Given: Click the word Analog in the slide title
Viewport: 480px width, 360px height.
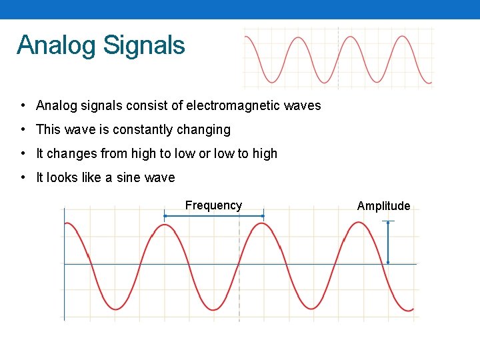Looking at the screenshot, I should (57, 46).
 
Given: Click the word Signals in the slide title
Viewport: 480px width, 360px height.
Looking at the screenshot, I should (144, 46).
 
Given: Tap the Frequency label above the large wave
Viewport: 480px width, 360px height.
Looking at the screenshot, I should (213, 205).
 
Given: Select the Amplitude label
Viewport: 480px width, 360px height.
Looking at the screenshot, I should (383, 206).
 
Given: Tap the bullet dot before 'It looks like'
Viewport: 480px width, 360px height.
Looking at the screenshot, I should (23, 177).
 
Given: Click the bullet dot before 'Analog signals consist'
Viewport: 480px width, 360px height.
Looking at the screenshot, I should (23, 105).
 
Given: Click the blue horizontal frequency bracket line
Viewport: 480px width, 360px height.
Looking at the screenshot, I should (214, 215).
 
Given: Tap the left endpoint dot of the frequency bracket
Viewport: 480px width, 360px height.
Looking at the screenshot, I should (165, 215).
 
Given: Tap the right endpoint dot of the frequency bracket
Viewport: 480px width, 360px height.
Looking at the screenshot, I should (263, 215).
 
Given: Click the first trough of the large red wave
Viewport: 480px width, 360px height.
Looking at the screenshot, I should (116, 309).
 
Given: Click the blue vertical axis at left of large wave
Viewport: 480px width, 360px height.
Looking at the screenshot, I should (64, 280).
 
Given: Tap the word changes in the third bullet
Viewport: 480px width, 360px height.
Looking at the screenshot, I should (71, 153).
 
